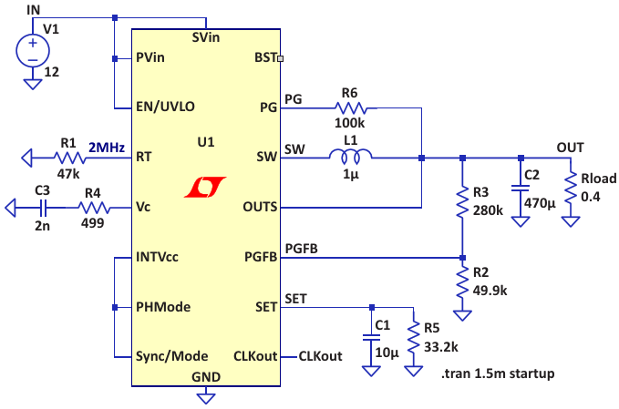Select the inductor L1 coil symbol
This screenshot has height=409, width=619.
point(351,158)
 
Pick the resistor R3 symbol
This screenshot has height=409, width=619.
point(462,201)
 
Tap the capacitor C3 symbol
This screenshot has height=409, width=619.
point(41,208)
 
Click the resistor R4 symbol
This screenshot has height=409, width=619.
point(92,208)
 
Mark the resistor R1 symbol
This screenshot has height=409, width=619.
point(68,158)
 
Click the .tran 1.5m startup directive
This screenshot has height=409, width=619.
point(497,374)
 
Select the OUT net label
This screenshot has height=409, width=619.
point(570,147)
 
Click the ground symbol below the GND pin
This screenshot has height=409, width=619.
point(207,395)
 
